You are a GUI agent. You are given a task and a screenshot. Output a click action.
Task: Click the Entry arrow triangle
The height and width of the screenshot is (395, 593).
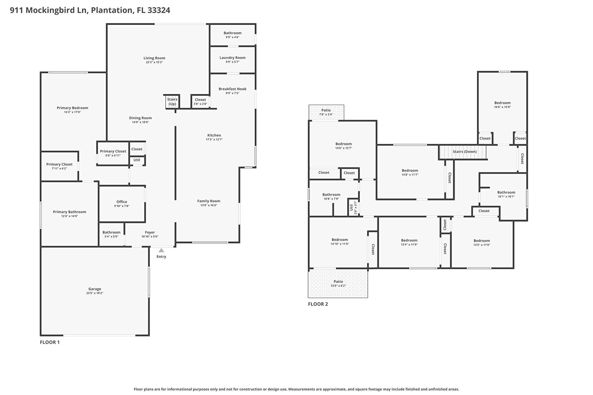161,250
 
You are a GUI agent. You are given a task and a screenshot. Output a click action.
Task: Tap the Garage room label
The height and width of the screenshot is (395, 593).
95,289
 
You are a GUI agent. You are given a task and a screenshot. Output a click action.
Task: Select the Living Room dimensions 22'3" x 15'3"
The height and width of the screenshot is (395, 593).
154,63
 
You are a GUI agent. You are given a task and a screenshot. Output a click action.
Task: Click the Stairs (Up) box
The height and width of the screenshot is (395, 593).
172,102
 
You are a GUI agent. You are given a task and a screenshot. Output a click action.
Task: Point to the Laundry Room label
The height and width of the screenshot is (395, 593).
232,58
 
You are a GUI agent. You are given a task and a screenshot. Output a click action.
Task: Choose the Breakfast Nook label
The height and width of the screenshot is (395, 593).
232,89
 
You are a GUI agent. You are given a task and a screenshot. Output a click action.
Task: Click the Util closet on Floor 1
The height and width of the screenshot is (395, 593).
137,161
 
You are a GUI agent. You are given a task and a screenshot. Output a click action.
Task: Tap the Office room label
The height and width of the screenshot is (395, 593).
122,202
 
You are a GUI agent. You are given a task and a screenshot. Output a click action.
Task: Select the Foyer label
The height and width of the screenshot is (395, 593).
150,232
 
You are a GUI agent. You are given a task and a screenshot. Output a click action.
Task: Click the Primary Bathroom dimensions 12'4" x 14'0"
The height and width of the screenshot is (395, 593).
69,216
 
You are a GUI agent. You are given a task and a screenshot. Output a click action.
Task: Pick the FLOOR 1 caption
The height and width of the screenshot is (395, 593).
50,342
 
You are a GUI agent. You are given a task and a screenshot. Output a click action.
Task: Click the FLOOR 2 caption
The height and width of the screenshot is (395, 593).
318,304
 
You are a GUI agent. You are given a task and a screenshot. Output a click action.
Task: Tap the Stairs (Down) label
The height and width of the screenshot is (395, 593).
465,151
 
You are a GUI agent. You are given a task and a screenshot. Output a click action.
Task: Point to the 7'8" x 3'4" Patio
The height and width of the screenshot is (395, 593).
326,113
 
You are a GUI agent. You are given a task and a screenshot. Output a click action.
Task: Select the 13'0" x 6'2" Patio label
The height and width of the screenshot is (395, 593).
338,282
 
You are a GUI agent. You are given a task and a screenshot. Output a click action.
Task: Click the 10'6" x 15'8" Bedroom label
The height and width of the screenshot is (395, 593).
503,103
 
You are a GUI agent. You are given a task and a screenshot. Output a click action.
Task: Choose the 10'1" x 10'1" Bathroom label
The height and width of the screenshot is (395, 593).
506,192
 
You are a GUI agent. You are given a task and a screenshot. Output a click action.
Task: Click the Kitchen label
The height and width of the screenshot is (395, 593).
214,135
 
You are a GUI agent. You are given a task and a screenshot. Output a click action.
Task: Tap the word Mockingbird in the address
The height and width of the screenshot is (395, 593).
57,10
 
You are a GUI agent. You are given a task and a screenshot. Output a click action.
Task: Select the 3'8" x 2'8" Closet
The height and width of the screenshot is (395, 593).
200,102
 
